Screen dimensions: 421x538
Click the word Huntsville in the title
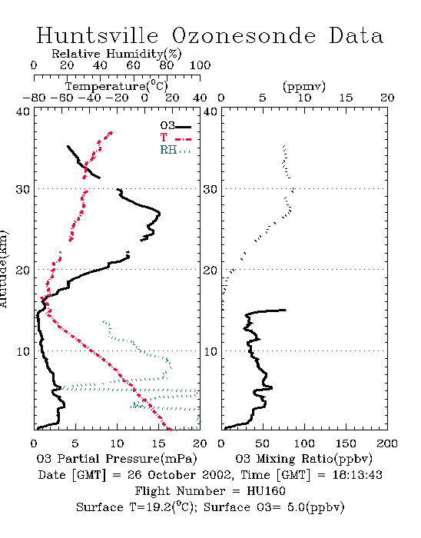click(98, 35)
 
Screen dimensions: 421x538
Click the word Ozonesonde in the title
click(244, 35)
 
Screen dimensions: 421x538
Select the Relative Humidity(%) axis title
click(117, 54)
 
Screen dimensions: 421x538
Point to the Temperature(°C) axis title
click(117, 86)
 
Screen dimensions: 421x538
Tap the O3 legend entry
click(175, 126)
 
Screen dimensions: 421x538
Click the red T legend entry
click(175, 138)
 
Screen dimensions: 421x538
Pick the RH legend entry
click(175, 150)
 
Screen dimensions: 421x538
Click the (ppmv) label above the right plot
click(304, 86)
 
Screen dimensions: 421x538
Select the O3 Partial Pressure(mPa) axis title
click(117, 459)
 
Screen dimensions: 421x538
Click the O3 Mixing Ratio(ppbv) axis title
click(304, 459)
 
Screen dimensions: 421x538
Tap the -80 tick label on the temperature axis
click(35, 98)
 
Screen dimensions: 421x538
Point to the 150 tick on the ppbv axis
click(346, 443)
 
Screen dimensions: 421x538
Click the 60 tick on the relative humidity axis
click(133, 65)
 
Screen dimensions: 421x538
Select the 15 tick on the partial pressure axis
click(158, 443)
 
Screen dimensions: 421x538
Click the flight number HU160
click(266, 491)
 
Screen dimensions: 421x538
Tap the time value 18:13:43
click(357, 475)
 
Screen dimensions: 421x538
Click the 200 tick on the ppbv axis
click(387, 443)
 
